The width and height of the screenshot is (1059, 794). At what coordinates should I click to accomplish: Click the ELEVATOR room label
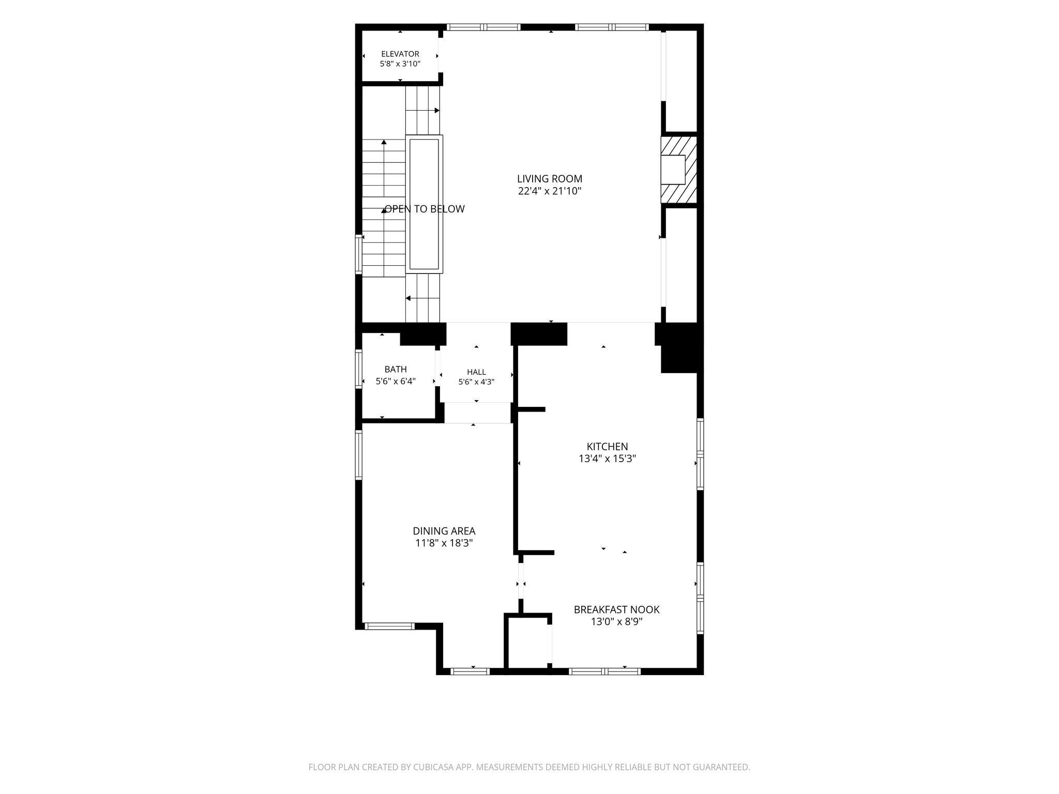pyautogui.click(x=400, y=54)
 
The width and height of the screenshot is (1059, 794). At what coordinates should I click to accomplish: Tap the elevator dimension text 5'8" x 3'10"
pyautogui.click(x=400, y=64)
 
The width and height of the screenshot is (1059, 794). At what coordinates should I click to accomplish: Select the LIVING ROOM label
pyautogui.click(x=550, y=179)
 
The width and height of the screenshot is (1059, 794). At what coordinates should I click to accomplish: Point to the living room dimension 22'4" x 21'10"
pyautogui.click(x=550, y=191)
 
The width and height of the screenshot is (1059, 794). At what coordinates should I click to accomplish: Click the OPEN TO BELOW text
pyautogui.click(x=425, y=209)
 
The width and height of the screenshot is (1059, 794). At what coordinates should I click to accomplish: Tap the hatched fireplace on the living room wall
pyautogui.click(x=679, y=170)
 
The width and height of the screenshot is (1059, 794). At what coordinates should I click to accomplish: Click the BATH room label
pyautogui.click(x=396, y=369)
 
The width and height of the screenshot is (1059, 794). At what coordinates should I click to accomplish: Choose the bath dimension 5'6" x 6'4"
pyautogui.click(x=396, y=381)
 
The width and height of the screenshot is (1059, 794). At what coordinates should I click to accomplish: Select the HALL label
pyautogui.click(x=476, y=372)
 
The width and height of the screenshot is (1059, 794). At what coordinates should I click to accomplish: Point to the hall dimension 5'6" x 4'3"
pyautogui.click(x=476, y=382)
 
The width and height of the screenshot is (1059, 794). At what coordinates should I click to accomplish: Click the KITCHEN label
pyautogui.click(x=607, y=446)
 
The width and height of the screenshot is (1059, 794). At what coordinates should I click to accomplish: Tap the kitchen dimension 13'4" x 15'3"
pyautogui.click(x=607, y=459)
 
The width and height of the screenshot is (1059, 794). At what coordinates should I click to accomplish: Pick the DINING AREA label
pyautogui.click(x=444, y=531)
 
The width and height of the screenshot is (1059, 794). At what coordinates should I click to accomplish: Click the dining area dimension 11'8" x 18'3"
pyautogui.click(x=444, y=543)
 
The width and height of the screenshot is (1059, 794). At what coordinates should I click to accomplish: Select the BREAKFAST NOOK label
pyautogui.click(x=616, y=609)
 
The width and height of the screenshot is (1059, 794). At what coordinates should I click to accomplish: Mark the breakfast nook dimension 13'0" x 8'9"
pyautogui.click(x=616, y=622)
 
